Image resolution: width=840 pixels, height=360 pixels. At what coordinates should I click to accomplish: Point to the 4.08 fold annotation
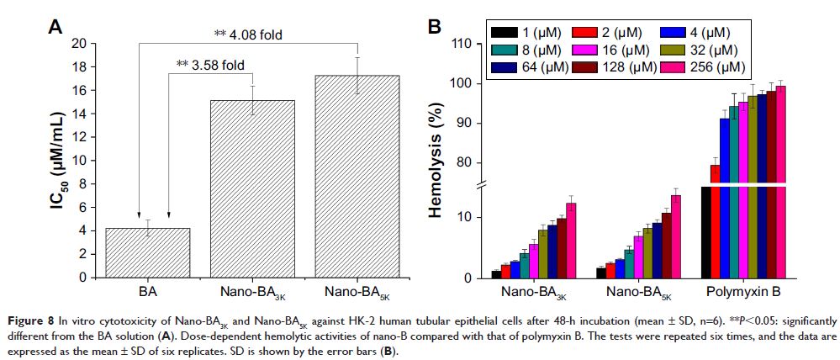click(x=247, y=34)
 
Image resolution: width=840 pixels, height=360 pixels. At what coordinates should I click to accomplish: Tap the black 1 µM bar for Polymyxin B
click(x=706, y=232)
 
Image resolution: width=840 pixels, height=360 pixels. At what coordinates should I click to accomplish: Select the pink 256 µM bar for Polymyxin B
click(x=781, y=182)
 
